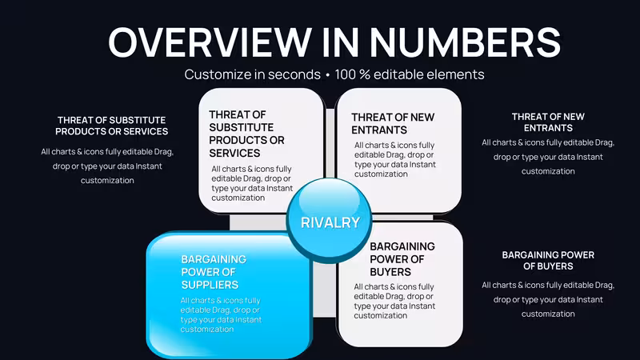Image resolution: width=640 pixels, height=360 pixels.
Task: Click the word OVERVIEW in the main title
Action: click(210, 42)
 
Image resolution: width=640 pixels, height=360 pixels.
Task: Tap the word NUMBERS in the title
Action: click(466, 42)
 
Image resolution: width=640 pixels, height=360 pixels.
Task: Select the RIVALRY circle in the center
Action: click(330, 221)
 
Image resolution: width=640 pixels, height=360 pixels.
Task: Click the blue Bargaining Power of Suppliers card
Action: click(229, 294)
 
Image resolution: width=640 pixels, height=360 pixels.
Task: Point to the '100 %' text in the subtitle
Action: click(352, 74)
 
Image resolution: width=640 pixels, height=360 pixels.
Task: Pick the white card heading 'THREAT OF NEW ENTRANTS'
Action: click(393, 123)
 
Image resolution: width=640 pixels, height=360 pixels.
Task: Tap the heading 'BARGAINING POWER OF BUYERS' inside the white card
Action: click(402, 259)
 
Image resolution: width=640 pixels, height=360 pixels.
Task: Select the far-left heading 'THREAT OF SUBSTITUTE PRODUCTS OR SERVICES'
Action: click(111, 126)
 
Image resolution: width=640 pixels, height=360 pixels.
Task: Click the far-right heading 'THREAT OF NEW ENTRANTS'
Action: click(548, 122)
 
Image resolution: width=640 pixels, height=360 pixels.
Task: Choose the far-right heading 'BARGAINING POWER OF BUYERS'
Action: click(548, 261)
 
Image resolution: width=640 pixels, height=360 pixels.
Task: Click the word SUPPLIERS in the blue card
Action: click(210, 285)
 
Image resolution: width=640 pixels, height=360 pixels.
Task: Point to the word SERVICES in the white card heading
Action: click(234, 153)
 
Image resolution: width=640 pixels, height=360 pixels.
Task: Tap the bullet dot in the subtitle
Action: click(327, 75)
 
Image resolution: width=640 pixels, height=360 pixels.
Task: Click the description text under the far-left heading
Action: click(107, 166)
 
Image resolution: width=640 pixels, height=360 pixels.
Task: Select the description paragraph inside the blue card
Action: click(221, 314)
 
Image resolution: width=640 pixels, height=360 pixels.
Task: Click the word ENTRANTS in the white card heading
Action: click(379, 130)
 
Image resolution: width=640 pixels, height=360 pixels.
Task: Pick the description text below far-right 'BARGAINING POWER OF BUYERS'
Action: click(548, 299)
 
